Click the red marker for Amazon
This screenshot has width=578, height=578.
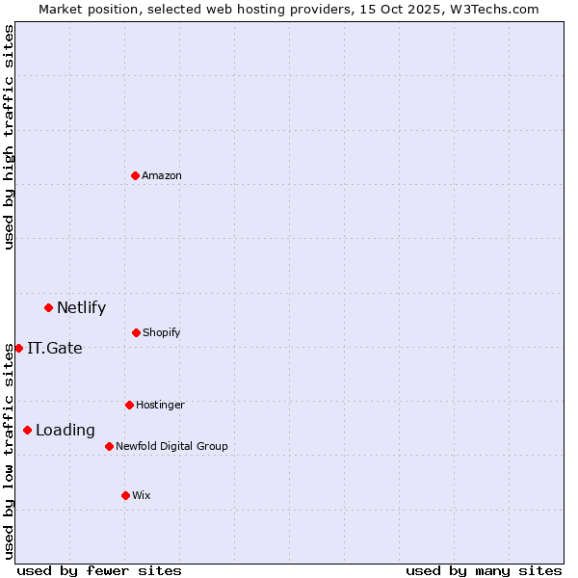coord(135,175)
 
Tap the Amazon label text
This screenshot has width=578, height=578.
coord(162,176)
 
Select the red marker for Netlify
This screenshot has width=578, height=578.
coord(48,307)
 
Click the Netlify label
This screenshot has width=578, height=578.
coord(81,308)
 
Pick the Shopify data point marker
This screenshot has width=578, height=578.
coord(136,332)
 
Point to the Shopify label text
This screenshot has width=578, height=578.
coord(162,333)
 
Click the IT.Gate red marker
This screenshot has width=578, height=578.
coord(18,348)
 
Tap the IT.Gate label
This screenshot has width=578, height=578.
coord(55,349)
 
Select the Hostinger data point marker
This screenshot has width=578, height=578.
coord(129,405)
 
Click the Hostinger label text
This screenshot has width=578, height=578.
coord(160,406)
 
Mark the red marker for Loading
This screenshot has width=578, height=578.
coord(27,430)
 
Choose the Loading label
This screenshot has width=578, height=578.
coord(66,431)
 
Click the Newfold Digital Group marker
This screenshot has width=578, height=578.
coord(109,446)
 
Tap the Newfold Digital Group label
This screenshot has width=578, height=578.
coord(171,447)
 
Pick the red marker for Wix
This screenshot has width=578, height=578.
coord(125,495)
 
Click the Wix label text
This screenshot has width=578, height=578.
coord(142,496)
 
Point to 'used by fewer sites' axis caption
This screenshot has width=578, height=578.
coord(99,571)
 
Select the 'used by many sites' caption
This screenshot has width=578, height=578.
coord(484,571)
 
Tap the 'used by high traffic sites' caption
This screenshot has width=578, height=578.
coord(9,137)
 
